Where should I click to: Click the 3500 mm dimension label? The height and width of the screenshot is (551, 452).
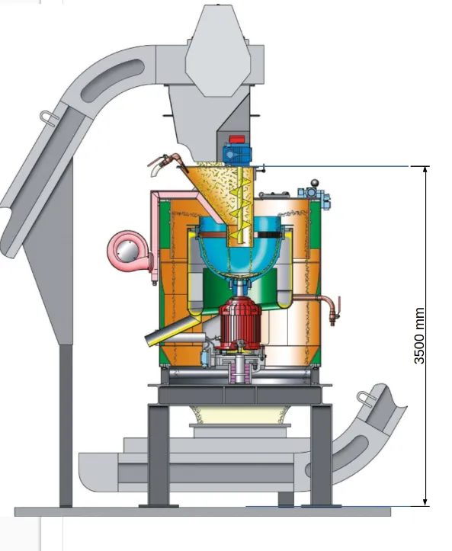pos(419,335)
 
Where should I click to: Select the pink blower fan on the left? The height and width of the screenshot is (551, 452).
pos(128,251)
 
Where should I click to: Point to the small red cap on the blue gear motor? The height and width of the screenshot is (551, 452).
pos(236,139)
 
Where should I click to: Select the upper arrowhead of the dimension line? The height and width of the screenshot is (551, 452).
pos(425,169)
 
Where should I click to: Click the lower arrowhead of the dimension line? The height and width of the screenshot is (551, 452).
pos(425,501)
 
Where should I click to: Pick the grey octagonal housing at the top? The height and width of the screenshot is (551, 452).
pos(218,51)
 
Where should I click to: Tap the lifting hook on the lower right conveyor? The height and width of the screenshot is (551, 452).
pos(367,399)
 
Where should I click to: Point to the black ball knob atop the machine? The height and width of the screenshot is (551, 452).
pos(315,183)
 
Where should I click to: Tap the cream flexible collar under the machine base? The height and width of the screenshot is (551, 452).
pos(240,415)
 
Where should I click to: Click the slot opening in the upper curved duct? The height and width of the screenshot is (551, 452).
pos(112,80)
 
